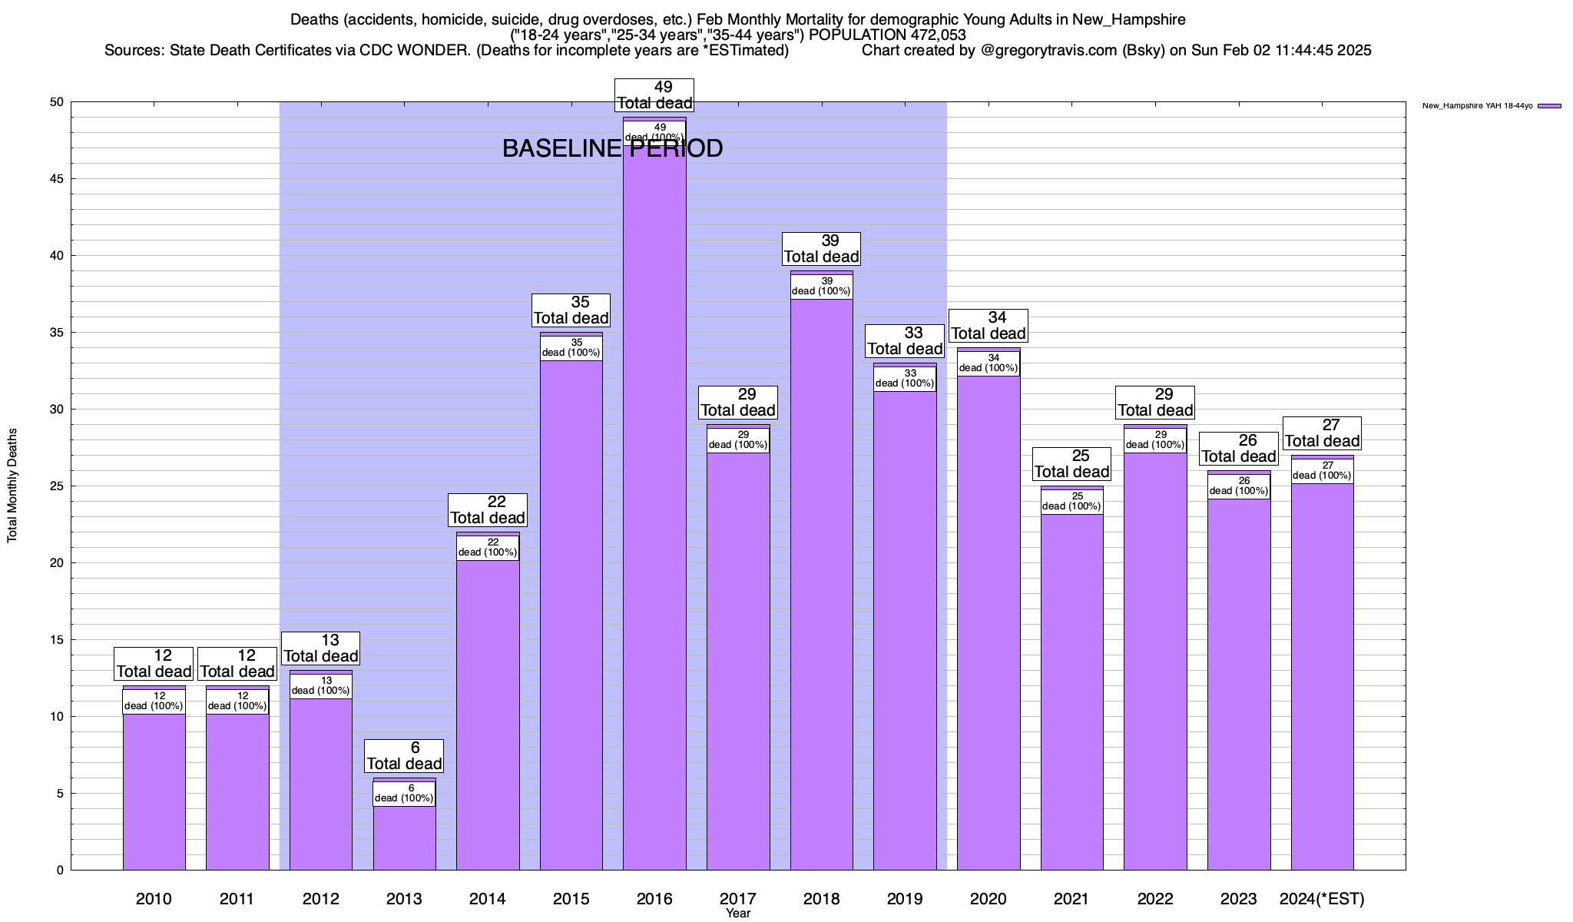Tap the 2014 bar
[488, 715]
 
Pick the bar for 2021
[1072, 691]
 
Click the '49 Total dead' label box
[654, 95]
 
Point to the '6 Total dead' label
[404, 756]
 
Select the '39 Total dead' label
[821, 249]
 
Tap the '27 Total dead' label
[1322, 433]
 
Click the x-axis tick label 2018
[821, 899]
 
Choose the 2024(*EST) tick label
[1322, 899]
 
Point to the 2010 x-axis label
[154, 899]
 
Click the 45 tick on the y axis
[58, 179]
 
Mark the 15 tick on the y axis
[58, 640]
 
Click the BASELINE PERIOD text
[612, 148]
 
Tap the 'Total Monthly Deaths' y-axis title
[12, 486]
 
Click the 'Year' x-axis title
[738, 914]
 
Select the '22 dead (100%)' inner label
[488, 548]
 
